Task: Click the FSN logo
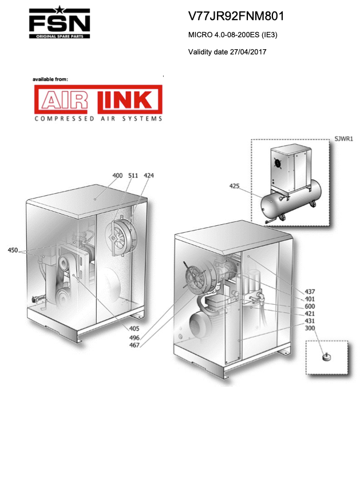[x=60, y=22]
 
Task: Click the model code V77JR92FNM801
[x=236, y=16]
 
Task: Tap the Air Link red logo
[x=98, y=100]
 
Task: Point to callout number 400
[x=117, y=176]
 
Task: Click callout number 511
[x=133, y=176]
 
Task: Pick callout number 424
[x=148, y=176]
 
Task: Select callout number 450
[x=13, y=250]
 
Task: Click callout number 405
[x=134, y=328]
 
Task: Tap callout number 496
[x=134, y=338]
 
